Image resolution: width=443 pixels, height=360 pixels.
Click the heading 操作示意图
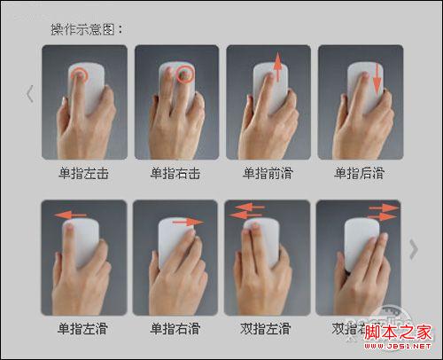click(87, 28)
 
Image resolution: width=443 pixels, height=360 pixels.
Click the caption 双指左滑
click(266, 329)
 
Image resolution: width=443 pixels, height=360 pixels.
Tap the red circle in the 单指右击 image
click(185, 74)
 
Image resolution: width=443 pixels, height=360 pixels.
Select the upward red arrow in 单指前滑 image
click(276, 68)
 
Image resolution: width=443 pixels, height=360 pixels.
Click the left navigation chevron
click(30, 93)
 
